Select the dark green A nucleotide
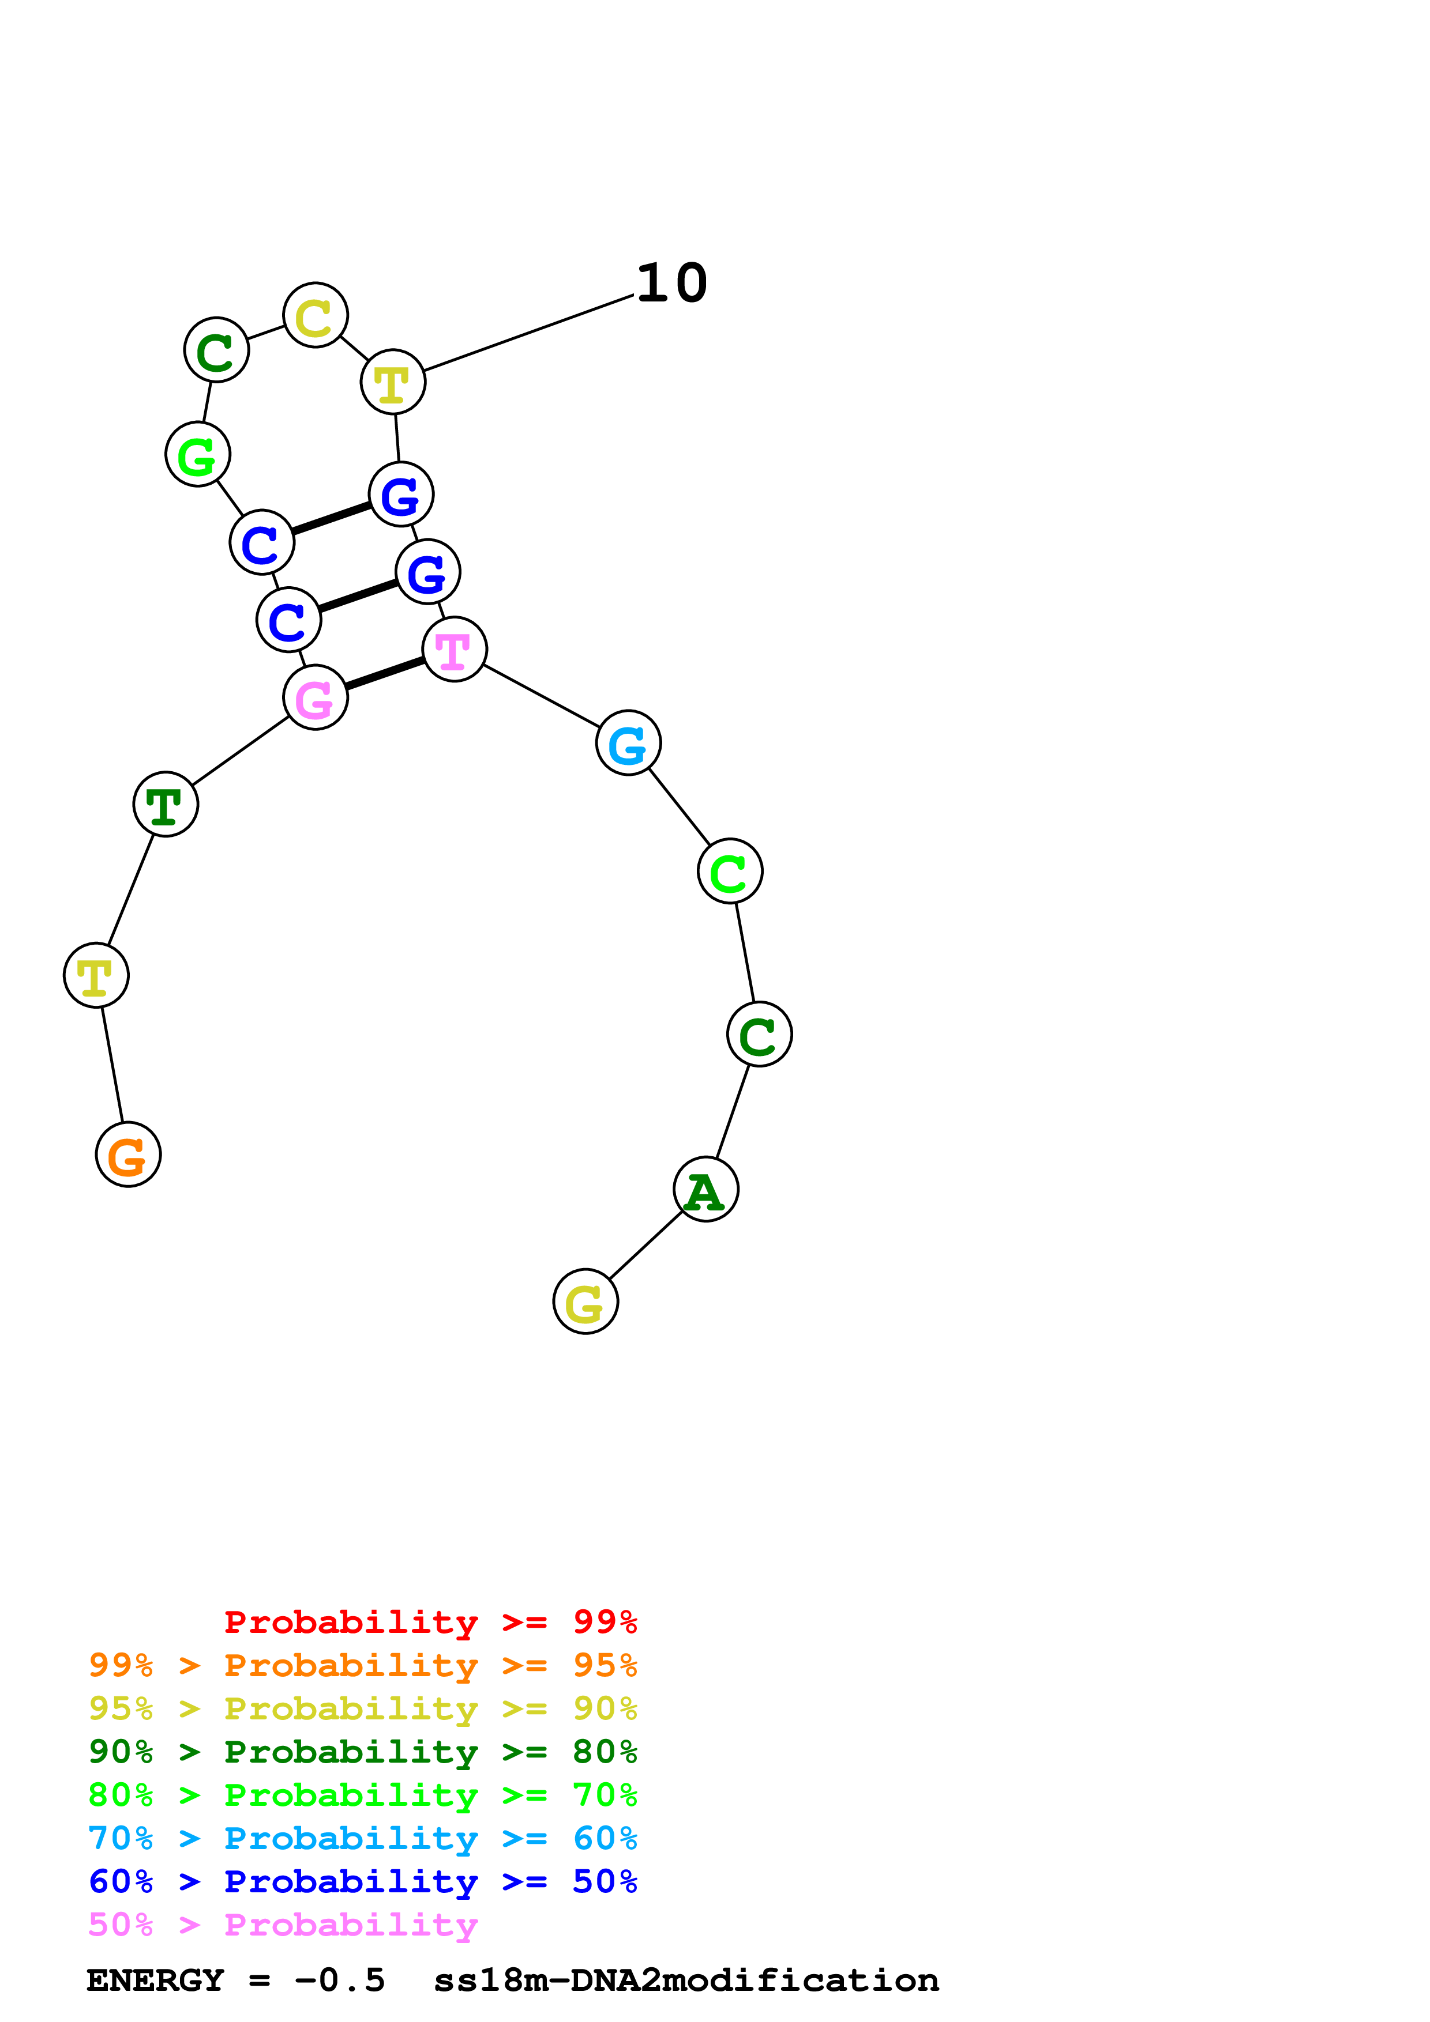click(x=705, y=1189)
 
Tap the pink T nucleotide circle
click(x=455, y=649)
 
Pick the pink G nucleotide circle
click(x=316, y=697)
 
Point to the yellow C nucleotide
click(x=316, y=315)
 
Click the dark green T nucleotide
click(x=166, y=804)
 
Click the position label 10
click(x=671, y=284)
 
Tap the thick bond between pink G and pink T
click(x=385, y=674)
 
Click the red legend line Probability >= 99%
click(x=430, y=1622)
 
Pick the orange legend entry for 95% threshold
click(x=362, y=1665)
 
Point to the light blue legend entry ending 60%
click(x=362, y=1838)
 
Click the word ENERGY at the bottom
click(x=155, y=1980)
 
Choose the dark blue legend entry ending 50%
click(x=362, y=1881)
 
